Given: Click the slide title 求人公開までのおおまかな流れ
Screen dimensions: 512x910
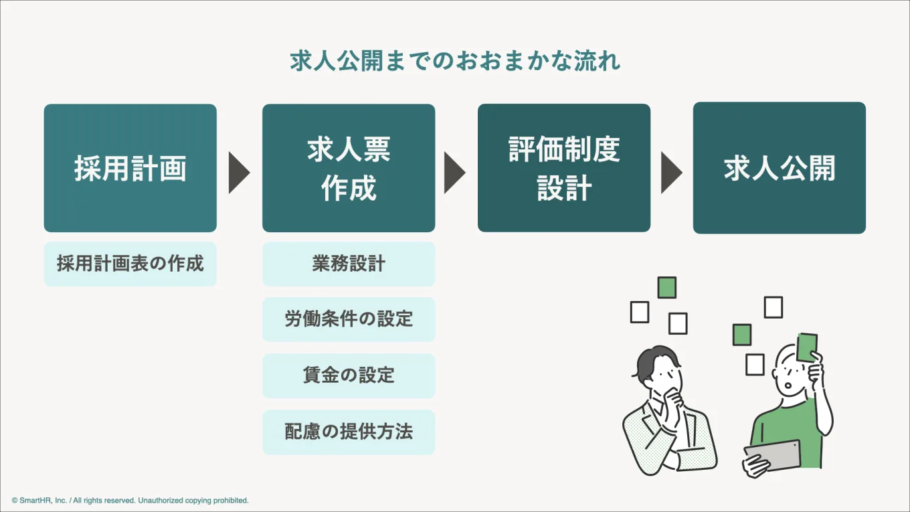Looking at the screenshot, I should (x=455, y=61).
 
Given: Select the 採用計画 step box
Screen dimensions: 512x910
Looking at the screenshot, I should (x=130, y=168).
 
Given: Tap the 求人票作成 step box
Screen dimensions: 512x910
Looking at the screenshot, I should (x=349, y=168).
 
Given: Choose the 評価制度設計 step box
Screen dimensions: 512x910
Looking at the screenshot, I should (x=564, y=167).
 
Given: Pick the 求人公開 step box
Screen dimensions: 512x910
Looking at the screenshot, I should (x=780, y=168).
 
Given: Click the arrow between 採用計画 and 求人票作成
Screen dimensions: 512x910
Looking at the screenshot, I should (x=238, y=173).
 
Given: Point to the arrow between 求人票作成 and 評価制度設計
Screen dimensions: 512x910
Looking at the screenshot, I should (x=454, y=173).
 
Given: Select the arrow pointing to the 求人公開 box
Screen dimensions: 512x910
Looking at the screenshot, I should (x=671, y=173).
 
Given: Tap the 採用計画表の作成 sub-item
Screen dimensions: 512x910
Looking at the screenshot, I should (x=130, y=264).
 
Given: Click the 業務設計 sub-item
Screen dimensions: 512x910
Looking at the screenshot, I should (x=349, y=264).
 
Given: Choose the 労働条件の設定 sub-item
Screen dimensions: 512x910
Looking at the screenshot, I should (x=349, y=319).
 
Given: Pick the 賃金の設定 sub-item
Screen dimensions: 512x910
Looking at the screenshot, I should (x=349, y=375).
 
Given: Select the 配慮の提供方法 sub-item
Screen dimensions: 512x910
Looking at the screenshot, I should (x=349, y=432).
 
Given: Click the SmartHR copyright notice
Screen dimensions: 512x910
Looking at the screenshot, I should (x=130, y=500).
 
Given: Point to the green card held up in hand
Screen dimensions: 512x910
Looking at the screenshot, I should (x=807, y=347).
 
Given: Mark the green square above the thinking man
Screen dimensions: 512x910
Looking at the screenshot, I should (x=666, y=288).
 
